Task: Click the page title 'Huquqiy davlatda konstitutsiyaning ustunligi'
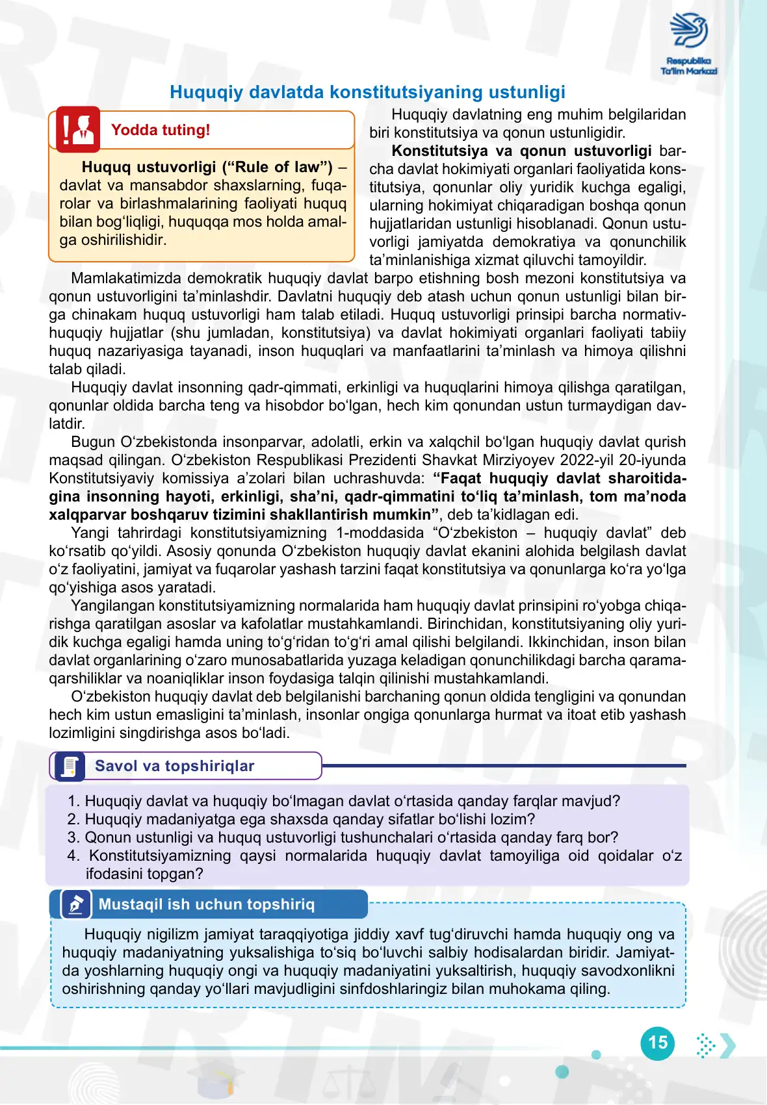coord(367,92)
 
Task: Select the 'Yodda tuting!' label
coord(161,130)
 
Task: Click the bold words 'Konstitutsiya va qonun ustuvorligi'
coord(521,151)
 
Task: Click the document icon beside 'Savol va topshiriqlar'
coord(69,767)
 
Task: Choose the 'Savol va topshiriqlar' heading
coord(174,767)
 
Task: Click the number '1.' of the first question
coord(73,802)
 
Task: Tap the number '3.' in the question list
coord(73,838)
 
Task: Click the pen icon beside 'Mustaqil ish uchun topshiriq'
coord(76,904)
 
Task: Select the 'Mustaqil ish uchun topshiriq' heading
coord(207,905)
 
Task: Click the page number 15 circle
coord(658,1043)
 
